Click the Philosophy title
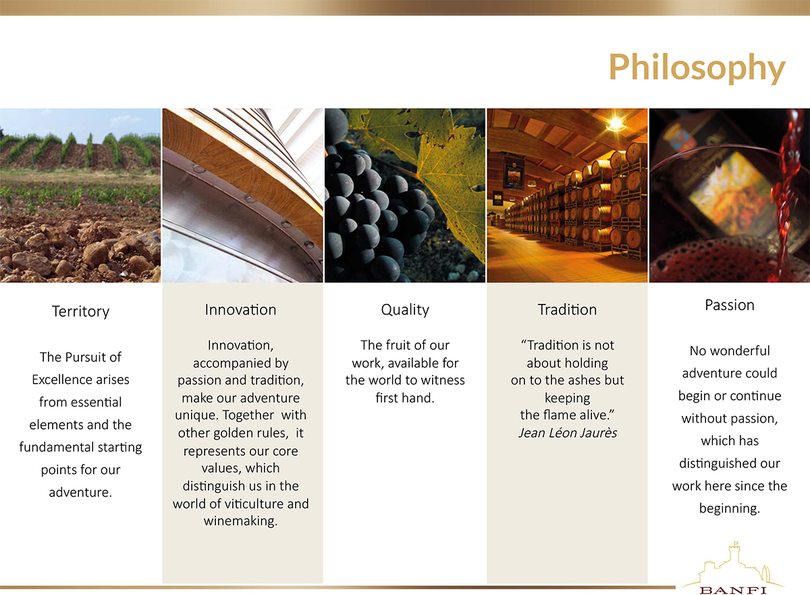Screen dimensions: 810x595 [x=697, y=68]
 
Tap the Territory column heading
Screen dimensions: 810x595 [x=80, y=311]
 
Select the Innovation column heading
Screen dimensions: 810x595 [x=240, y=309]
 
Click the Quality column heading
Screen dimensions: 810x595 [x=405, y=310]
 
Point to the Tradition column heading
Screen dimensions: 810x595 [x=567, y=309]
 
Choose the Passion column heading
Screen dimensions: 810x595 [x=730, y=305]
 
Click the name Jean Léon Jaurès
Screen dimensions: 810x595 [x=568, y=433]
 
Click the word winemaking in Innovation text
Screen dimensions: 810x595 [x=240, y=521]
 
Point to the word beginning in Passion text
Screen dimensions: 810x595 [x=730, y=509]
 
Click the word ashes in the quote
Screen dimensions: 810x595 [x=579, y=380]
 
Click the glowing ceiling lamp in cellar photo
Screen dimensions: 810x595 [x=616, y=124]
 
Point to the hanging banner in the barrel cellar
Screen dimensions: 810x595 [x=514, y=174]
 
